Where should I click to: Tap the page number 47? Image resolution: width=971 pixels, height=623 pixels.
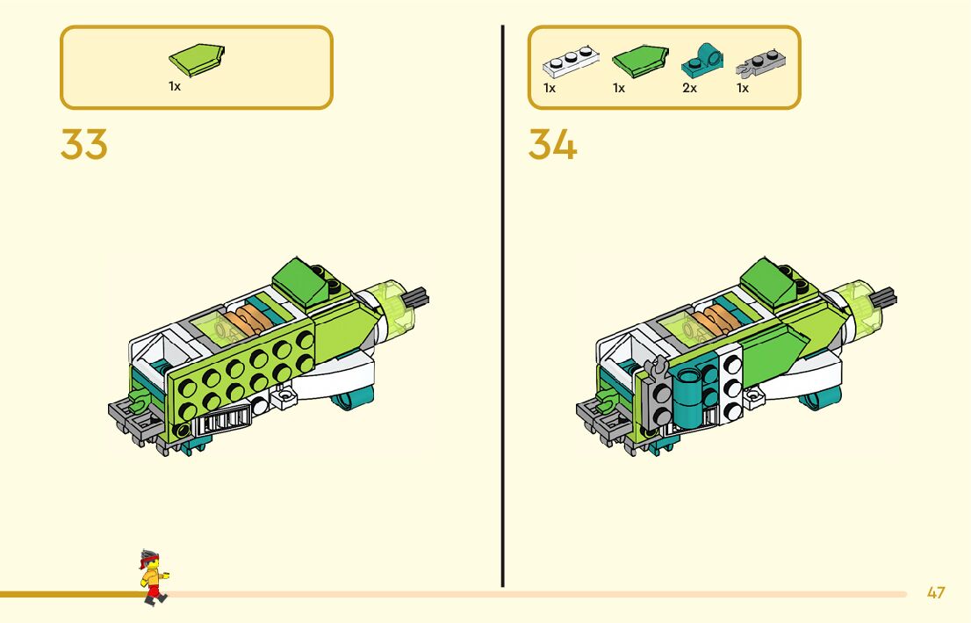936,592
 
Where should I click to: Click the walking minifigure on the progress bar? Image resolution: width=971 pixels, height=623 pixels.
152,577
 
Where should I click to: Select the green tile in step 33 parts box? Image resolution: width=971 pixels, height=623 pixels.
198,60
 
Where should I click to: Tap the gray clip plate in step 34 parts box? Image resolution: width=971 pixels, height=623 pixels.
760,61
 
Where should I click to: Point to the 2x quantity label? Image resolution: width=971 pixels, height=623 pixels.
689,89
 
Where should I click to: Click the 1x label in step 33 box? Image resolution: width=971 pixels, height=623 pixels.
175,87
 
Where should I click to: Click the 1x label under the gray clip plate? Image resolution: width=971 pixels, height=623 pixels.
743,89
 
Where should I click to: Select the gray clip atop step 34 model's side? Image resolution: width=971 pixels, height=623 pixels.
653,368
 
